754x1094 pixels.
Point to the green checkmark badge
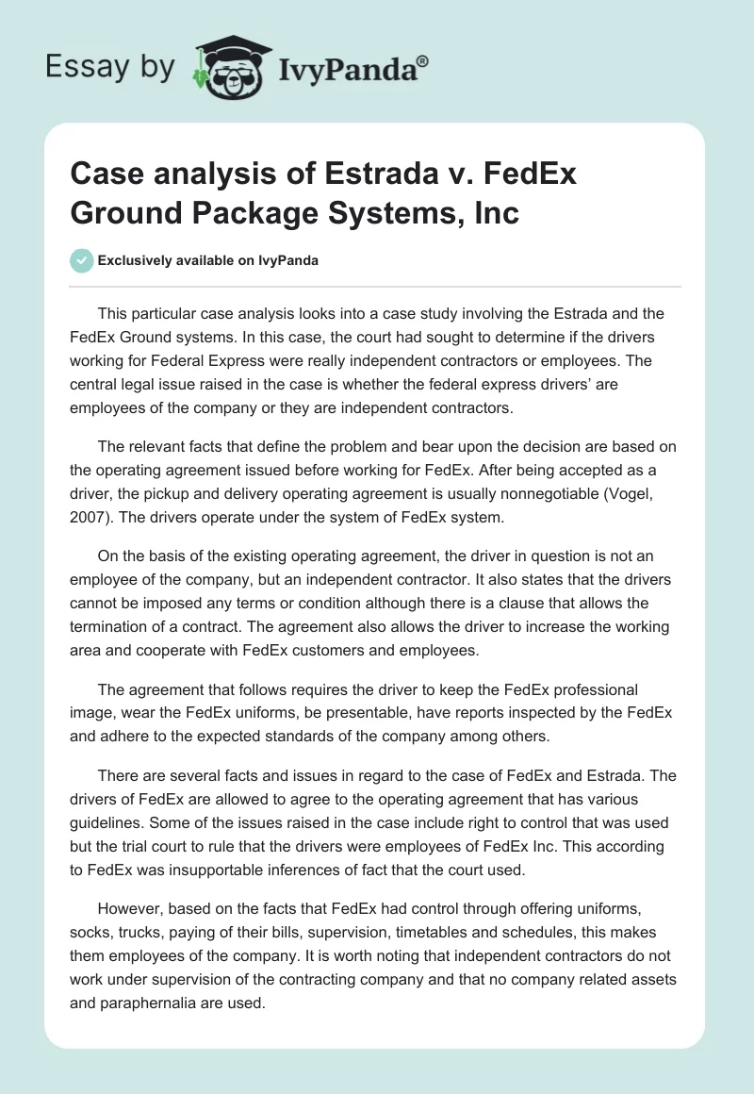[81, 260]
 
